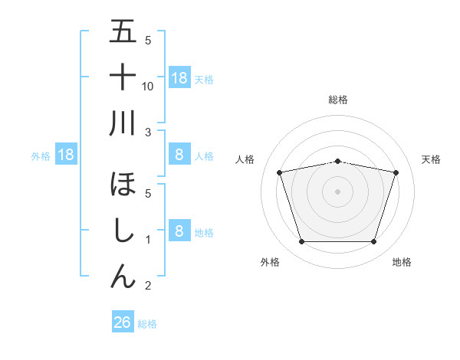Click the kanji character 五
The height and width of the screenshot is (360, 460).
tap(123, 32)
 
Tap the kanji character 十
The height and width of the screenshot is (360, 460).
tap(123, 77)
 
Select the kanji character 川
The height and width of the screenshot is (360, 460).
tap(123, 123)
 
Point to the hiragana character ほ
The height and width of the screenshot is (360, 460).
tap(123, 185)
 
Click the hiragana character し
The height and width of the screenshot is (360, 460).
tap(123, 231)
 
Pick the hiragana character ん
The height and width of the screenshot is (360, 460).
tap(123, 275)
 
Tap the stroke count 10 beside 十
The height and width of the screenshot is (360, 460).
tap(149, 87)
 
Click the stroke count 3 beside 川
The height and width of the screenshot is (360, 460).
tap(149, 133)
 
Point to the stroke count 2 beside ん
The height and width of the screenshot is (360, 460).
tap(149, 286)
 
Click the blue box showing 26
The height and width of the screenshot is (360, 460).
tap(123, 322)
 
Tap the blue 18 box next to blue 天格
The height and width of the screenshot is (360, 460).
tap(179, 77)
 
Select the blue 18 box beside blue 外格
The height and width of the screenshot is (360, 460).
tap(65, 155)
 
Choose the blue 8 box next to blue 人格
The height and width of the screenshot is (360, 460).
tap(179, 155)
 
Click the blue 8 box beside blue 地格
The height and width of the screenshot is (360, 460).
tap(179, 231)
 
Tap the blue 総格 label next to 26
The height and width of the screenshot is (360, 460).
tap(147, 324)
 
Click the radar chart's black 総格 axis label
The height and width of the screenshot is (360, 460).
tap(337, 100)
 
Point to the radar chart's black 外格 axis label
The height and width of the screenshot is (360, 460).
tap(270, 262)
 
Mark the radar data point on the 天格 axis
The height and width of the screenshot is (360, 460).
tap(396, 172)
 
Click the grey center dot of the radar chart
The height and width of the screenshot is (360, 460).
tap(337, 191)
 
